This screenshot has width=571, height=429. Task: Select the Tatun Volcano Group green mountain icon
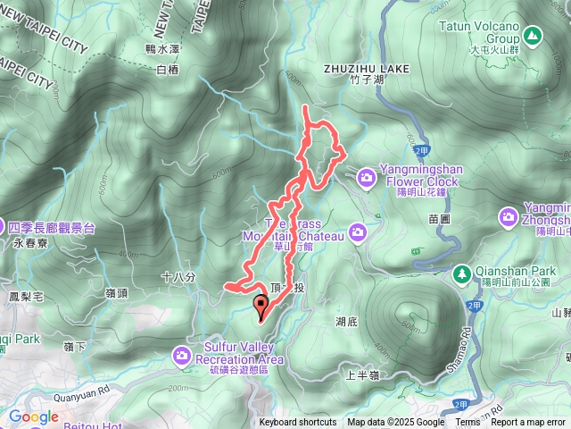click(x=533, y=36)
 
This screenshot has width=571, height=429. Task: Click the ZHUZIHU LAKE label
click(x=367, y=68)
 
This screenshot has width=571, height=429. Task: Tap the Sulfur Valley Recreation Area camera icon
click(x=183, y=357)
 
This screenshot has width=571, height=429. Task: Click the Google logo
click(x=33, y=416)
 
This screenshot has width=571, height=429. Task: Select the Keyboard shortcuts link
click(x=298, y=423)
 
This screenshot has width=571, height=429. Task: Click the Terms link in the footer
click(x=468, y=423)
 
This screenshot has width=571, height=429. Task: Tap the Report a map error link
click(x=529, y=423)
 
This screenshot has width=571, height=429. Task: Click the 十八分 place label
click(x=178, y=278)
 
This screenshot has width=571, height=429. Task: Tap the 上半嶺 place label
click(x=362, y=375)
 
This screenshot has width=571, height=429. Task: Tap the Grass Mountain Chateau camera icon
click(x=358, y=232)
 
